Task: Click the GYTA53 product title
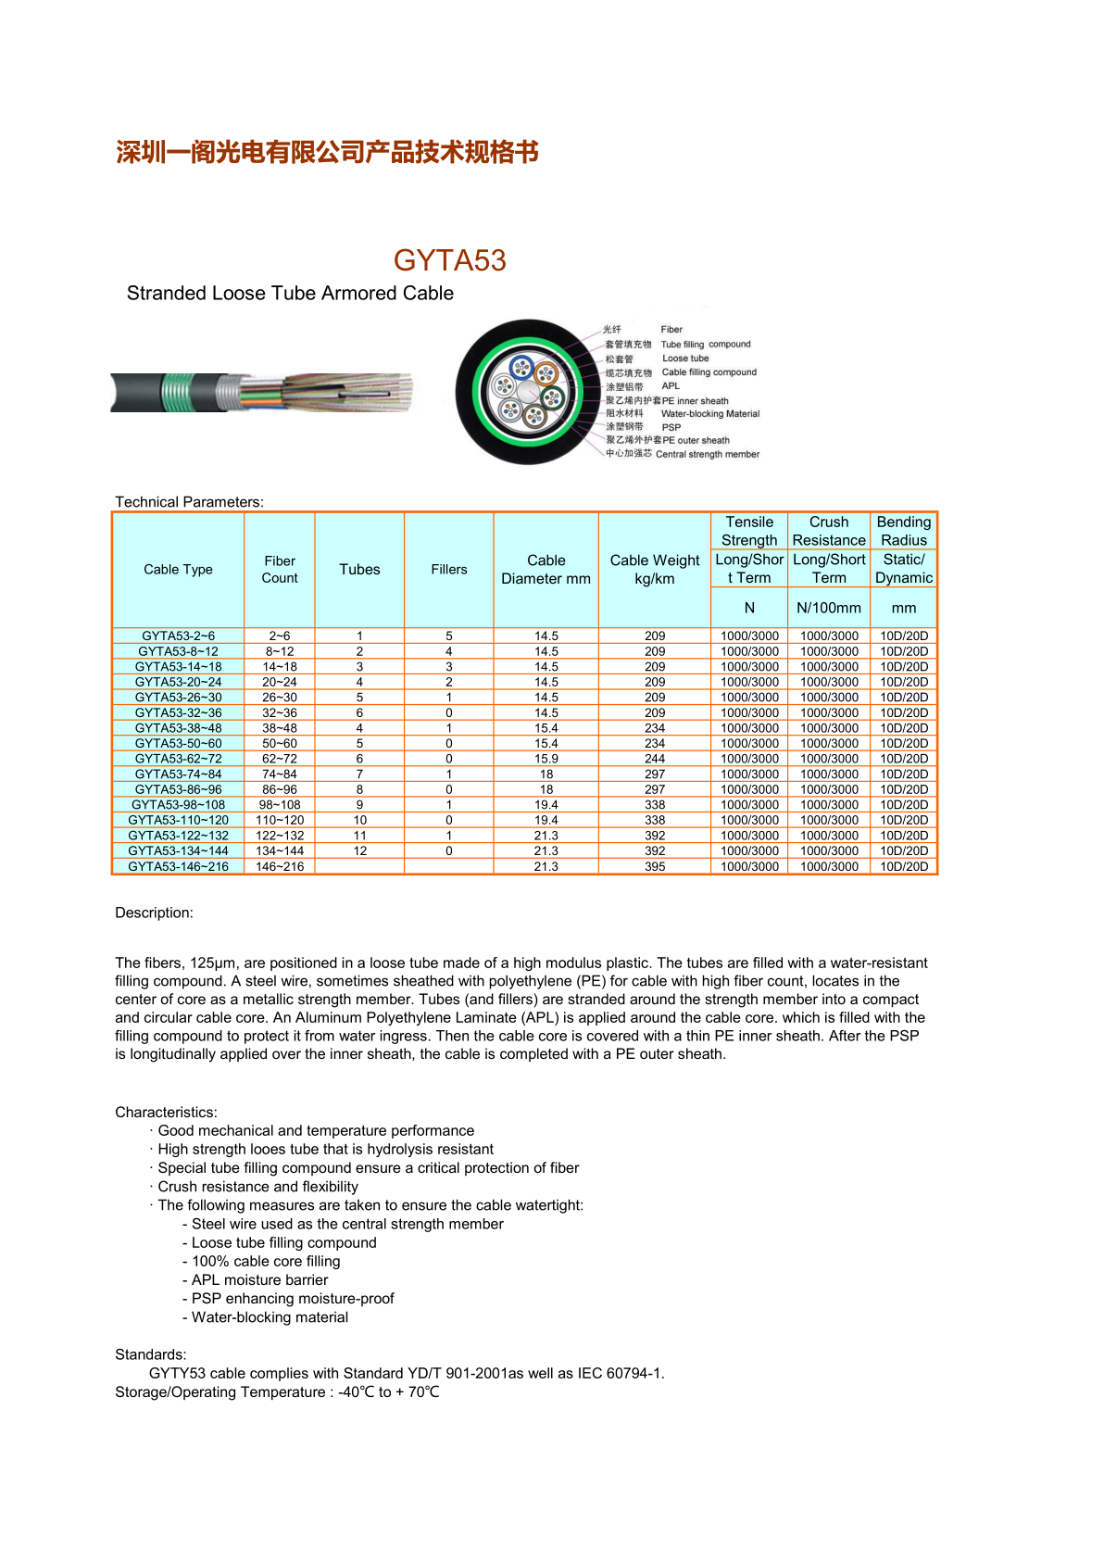pos(449,260)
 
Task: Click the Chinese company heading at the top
pos(327,152)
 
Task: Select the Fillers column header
pos(448,570)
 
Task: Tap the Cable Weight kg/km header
pos(655,570)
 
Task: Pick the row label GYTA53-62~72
pos(178,759)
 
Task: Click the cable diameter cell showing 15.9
pos(546,759)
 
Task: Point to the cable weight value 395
pos(655,866)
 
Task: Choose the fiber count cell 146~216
pos(280,866)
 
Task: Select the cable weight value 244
pos(655,759)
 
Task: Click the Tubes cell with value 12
pos(359,850)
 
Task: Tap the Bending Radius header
pos(904,531)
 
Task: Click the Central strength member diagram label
pos(708,455)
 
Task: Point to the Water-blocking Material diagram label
pos(710,414)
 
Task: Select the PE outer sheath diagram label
pos(696,441)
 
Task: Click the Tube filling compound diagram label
pos(706,345)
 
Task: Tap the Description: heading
pos(154,913)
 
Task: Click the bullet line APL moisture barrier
pos(259,1280)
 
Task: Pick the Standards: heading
pos(151,1354)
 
